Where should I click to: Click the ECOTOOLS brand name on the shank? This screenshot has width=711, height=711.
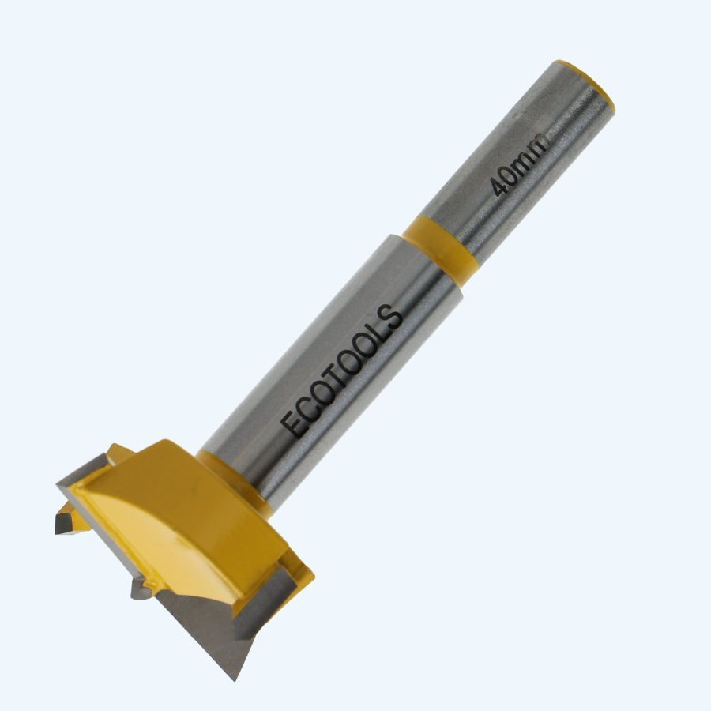coord(344,371)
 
